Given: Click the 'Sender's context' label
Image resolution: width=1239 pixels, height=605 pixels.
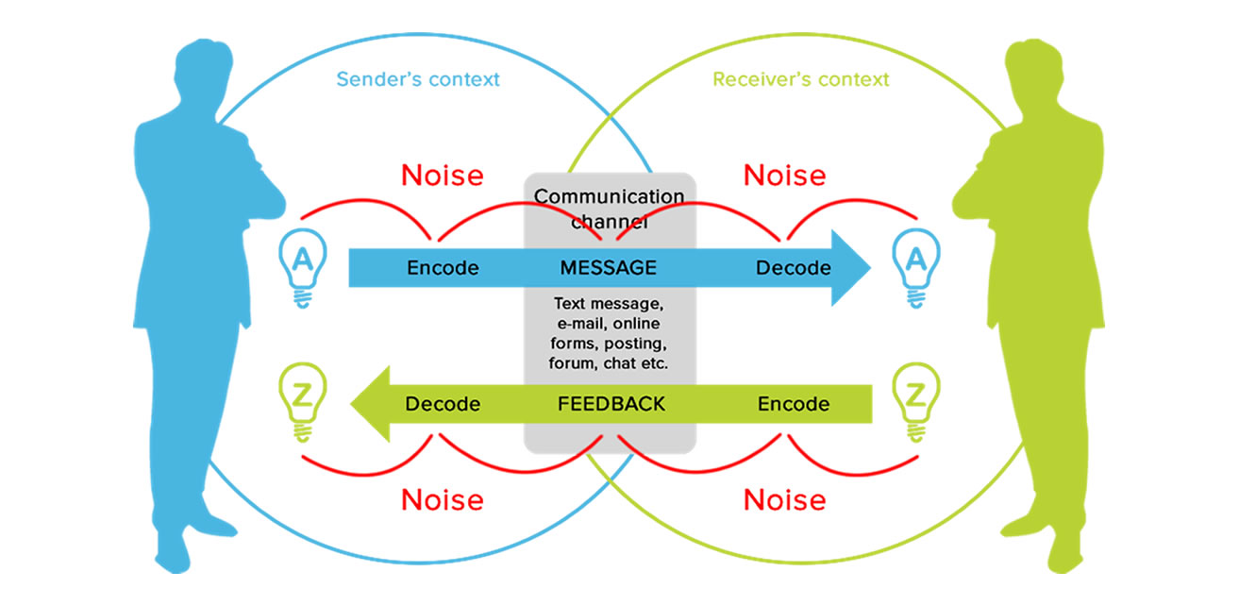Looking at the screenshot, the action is (x=418, y=79).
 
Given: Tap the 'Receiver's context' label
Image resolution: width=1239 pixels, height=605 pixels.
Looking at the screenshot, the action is (x=800, y=79).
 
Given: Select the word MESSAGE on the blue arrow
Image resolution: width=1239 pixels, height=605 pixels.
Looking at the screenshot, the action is (x=608, y=268).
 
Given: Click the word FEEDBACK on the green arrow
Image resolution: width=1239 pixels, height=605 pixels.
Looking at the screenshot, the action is (x=611, y=404).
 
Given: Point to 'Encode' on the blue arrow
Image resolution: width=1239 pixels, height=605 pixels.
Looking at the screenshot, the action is (x=443, y=268).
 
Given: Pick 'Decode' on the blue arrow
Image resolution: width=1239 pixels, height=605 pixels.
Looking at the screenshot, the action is (x=794, y=268).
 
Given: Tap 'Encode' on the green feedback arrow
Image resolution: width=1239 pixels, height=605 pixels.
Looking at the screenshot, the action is (x=794, y=404).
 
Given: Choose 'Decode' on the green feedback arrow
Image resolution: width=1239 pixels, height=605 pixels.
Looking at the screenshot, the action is (x=443, y=404).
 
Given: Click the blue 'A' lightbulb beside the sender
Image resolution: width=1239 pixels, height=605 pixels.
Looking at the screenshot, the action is (x=303, y=268).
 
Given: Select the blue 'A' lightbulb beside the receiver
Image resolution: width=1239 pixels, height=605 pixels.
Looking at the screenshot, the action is (x=916, y=268).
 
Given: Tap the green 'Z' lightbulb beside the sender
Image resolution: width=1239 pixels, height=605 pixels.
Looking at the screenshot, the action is (x=303, y=403).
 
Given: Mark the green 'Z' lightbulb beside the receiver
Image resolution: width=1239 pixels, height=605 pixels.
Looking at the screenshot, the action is (x=916, y=403).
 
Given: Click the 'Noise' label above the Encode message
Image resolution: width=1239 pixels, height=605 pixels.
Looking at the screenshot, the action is (x=442, y=176).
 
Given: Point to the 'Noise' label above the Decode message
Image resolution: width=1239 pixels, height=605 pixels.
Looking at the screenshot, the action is (x=784, y=176).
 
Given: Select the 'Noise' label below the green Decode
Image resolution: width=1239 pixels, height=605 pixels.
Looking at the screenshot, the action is (x=442, y=500).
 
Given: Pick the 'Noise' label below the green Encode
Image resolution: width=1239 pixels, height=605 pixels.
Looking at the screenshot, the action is (x=784, y=500).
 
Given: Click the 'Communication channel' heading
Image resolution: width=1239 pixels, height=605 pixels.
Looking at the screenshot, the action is (x=609, y=209).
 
